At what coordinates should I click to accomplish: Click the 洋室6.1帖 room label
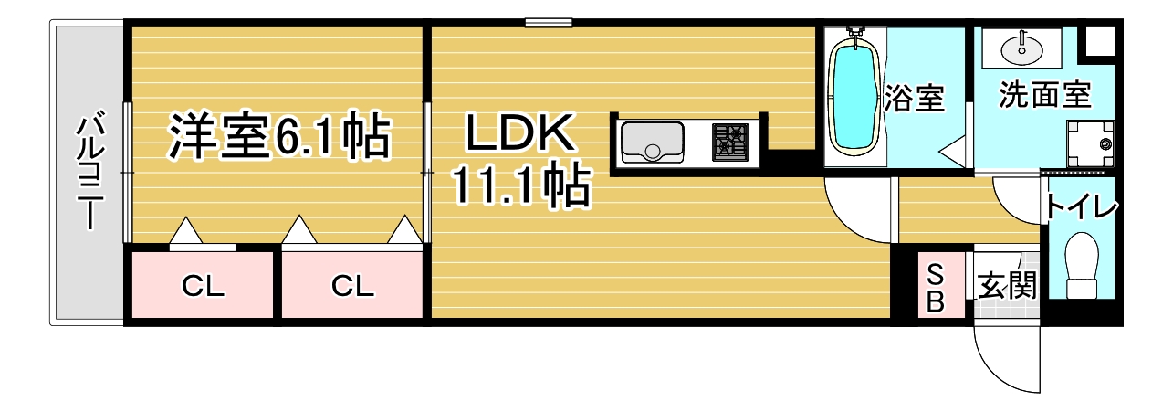pos(279,136)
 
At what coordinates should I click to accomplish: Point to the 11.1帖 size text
pos(521,185)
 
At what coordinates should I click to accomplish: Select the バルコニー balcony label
pos(90,169)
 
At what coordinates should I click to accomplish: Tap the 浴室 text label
pos(914,97)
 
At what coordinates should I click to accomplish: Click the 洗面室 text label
pos(1044,95)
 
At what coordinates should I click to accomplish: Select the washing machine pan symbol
pos(1090,143)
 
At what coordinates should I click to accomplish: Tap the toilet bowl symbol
pos(1082,265)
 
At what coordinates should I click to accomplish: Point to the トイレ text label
pos(1081,207)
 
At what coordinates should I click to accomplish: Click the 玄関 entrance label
pos(1008,286)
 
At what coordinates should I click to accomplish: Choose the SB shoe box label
pos(936,287)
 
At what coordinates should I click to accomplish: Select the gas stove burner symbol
pos(730,142)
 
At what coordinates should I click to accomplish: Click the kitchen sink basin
pos(653,142)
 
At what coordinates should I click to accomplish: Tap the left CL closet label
pos(204,287)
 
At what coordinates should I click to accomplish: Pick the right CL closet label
pos(352,286)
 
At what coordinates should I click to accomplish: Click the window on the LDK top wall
pos(549,23)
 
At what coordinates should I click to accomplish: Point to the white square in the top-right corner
pos(1100,40)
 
